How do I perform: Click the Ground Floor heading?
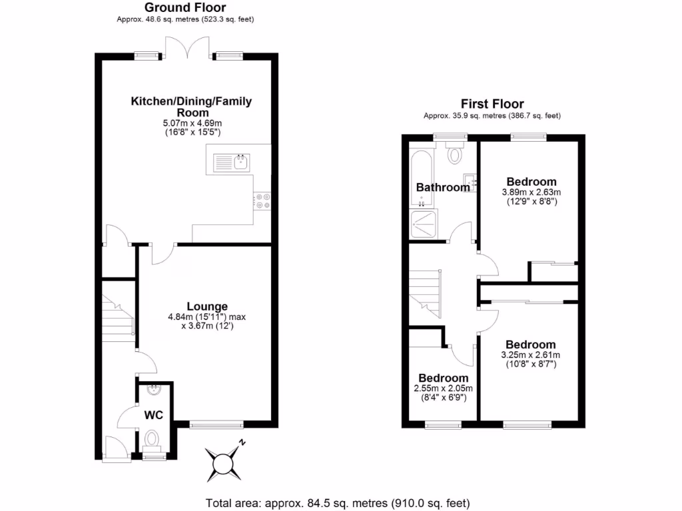(x=185, y=8)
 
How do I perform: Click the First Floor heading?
(x=492, y=104)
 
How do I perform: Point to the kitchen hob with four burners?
(x=262, y=201)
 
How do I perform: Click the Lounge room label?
(x=207, y=306)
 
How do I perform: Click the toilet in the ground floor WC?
(x=153, y=438)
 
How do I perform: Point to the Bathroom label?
(x=443, y=188)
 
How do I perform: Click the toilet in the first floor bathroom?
(x=455, y=154)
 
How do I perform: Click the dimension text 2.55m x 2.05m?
(x=443, y=389)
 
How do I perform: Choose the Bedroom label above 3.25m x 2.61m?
(x=530, y=344)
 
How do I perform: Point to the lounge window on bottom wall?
(x=216, y=424)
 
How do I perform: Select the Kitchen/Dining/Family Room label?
(x=191, y=106)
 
